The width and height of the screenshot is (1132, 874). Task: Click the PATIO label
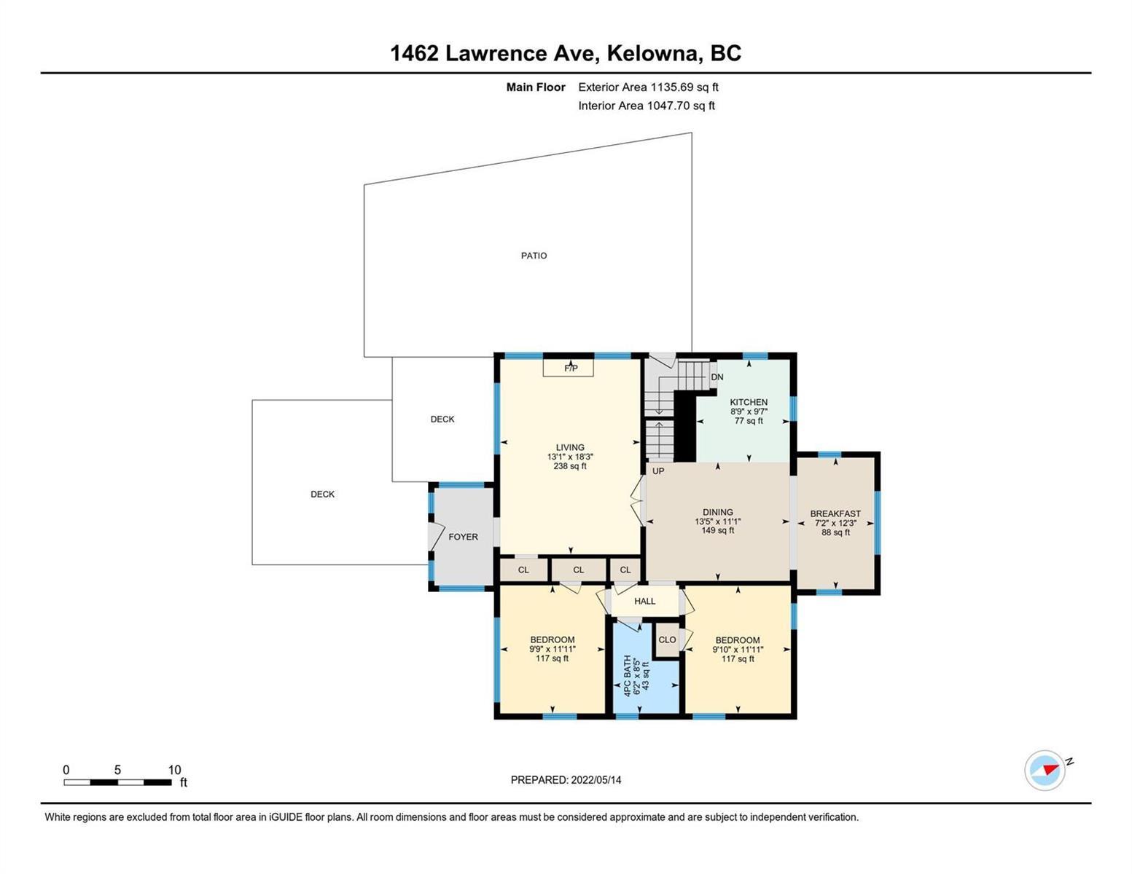tap(534, 256)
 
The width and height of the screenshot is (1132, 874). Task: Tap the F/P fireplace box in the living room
tap(568, 368)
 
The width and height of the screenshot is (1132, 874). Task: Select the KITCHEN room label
tap(748, 402)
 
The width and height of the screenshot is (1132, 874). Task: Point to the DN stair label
tap(717, 377)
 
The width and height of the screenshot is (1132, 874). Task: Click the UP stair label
tap(658, 471)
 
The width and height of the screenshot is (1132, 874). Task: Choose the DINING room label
tap(717, 512)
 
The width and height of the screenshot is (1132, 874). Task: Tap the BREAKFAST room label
tap(835, 513)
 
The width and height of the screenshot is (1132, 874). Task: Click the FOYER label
tap(463, 537)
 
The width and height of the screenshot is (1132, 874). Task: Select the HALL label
tap(644, 601)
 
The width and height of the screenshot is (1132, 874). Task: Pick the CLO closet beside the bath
tap(667, 639)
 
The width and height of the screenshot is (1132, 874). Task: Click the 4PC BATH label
tap(627, 675)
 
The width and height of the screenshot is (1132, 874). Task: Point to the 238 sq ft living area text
tap(570, 466)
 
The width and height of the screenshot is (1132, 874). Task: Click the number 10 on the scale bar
tap(174, 770)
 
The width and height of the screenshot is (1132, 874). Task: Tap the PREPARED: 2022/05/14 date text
tap(566, 780)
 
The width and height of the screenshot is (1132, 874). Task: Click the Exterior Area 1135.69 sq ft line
tap(648, 87)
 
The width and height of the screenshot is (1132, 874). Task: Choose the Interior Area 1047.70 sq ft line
tap(646, 106)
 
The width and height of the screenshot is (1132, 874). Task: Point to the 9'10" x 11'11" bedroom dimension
tap(738, 649)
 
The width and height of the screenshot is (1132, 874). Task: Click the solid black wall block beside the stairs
tap(685, 426)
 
